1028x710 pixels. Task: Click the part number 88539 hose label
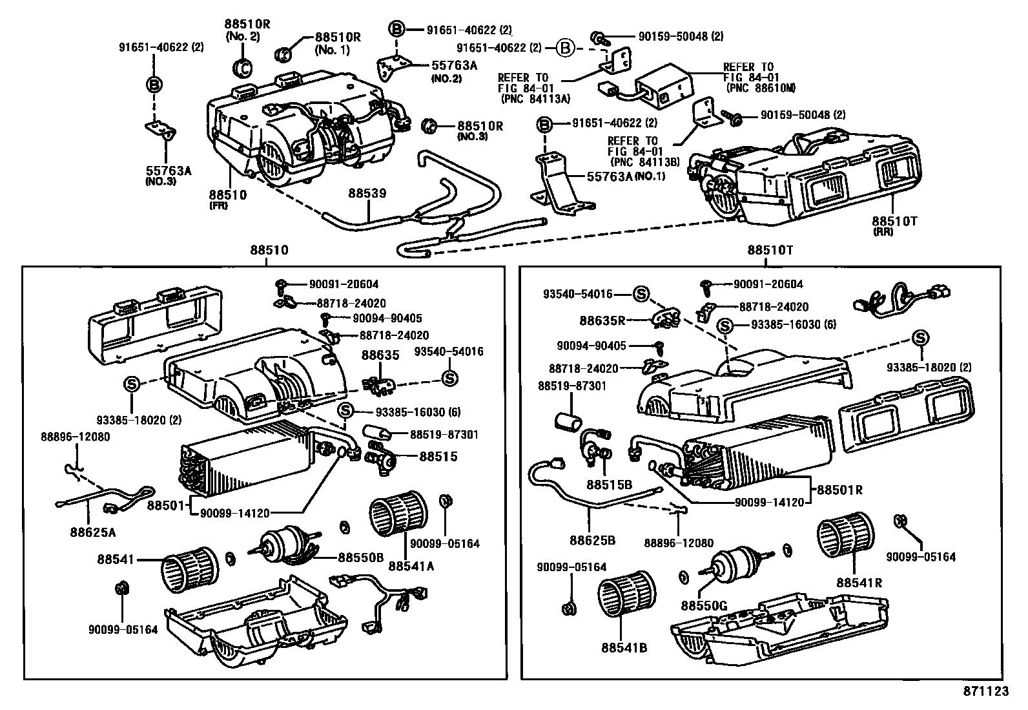coord(367,193)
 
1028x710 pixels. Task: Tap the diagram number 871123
coord(983,691)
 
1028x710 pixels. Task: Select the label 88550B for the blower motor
coord(361,557)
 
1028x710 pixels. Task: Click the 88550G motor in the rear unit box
coord(734,562)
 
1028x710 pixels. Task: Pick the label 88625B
coord(592,539)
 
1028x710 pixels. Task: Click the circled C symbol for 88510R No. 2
coord(242,68)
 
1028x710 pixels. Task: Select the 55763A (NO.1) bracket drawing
coord(559,185)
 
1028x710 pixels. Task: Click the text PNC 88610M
coord(760,87)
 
